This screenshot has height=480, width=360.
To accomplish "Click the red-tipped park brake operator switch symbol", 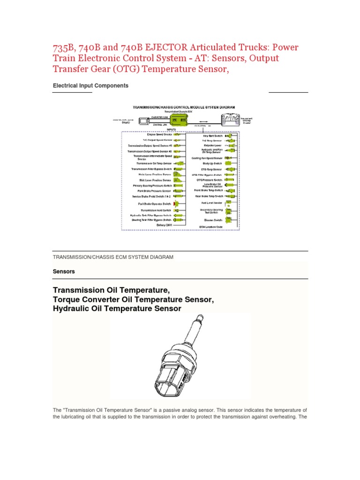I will [x=177, y=204].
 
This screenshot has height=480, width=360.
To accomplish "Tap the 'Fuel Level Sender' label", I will [x=211, y=203].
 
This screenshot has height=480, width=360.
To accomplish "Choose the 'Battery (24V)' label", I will [x=164, y=225].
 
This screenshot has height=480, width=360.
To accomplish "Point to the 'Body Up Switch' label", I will [x=211, y=163].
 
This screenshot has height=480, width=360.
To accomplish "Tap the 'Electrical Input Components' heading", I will [x=90, y=86].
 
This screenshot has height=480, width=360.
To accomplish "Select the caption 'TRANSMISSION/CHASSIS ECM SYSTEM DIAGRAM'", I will [x=112, y=257].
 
